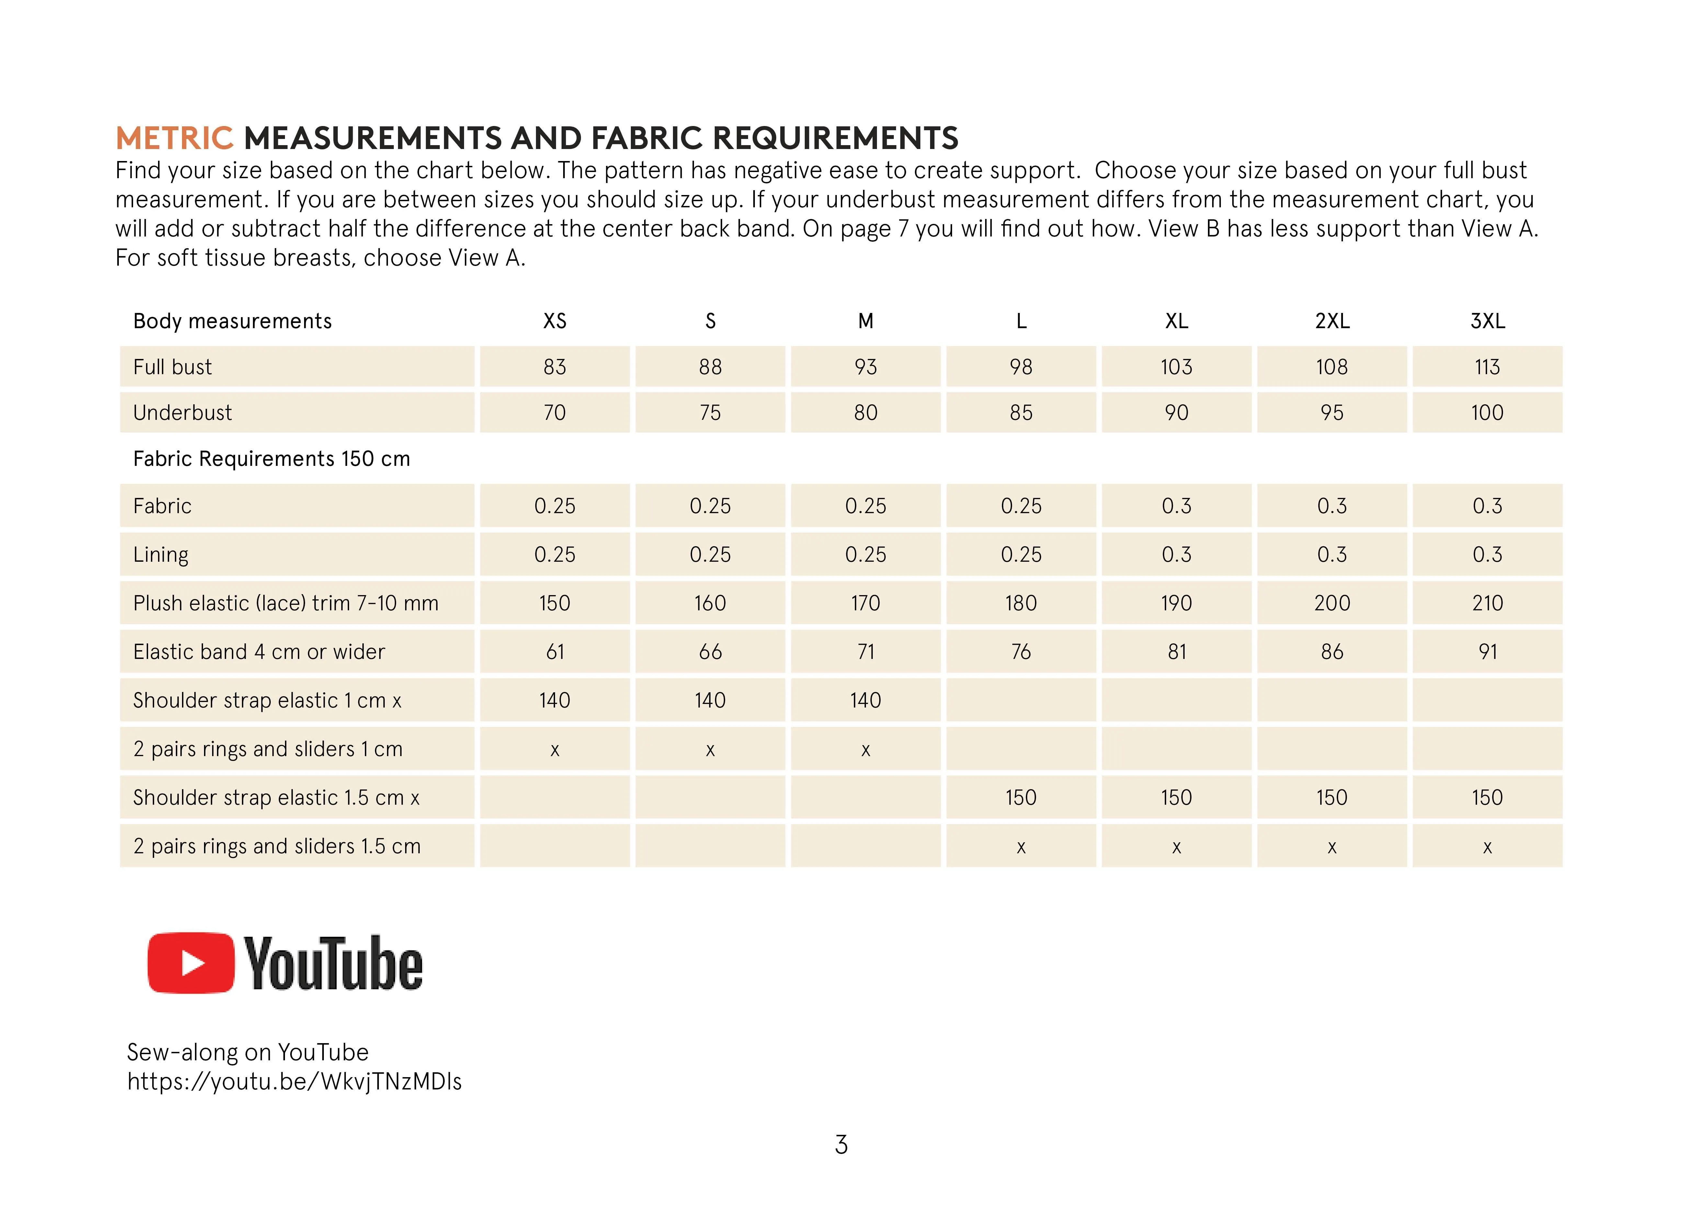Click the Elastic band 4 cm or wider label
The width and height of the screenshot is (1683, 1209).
tap(259, 651)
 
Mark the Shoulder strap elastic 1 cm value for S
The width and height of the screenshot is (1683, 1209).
tap(710, 700)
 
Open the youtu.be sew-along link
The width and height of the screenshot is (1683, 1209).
tap(294, 1081)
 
